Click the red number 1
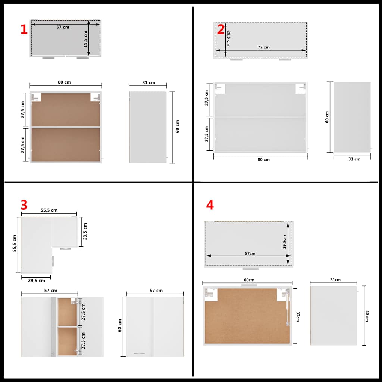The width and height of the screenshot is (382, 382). tap(24, 29)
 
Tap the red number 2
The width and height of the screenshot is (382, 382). tap(221, 29)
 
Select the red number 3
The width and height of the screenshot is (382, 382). tap(24, 205)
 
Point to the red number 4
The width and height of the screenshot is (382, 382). tap(210, 205)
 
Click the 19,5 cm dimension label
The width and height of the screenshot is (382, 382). tap(85, 39)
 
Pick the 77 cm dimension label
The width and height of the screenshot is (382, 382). tap(264, 47)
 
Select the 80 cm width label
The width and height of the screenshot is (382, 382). tap(264, 160)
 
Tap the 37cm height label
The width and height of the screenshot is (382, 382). tap(298, 316)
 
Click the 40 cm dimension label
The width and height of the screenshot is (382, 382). tap(367, 316)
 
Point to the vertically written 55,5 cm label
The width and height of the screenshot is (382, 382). tap(15, 243)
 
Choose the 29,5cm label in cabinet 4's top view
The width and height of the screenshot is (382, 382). tap(284, 242)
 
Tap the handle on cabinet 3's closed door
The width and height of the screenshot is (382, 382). tap(139, 353)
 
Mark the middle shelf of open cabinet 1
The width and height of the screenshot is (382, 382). tap(66, 127)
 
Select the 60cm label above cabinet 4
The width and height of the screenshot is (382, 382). tap(249, 280)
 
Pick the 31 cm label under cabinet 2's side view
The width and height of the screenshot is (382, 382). tap(354, 159)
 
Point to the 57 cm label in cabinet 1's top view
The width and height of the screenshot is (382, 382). tap(63, 27)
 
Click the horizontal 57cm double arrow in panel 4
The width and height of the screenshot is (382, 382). tap(248, 256)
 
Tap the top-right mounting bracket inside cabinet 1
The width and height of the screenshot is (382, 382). tap(95, 97)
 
